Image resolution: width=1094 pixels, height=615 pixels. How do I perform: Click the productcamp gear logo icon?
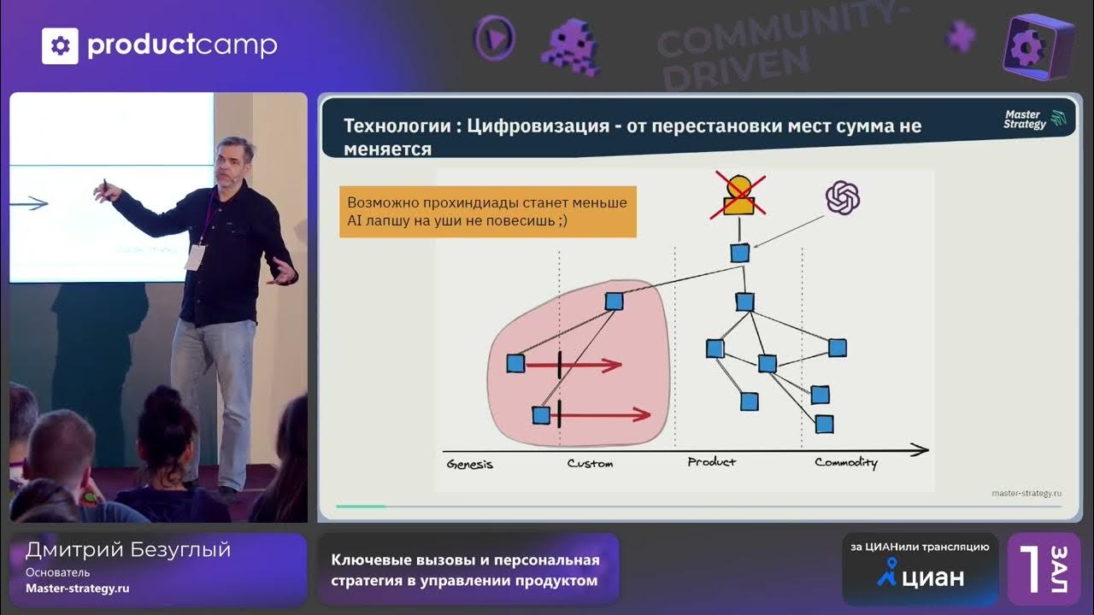coord(60,46)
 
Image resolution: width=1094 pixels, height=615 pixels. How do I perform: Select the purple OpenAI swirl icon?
coord(842,199)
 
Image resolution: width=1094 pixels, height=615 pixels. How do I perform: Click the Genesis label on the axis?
coord(469,464)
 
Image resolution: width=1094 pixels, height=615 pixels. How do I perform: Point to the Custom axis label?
coord(590,464)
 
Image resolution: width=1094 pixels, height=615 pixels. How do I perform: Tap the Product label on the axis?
coord(711,462)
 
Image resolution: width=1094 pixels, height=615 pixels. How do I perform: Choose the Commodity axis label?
coord(845,462)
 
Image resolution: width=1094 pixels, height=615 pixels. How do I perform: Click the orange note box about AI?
coord(488,212)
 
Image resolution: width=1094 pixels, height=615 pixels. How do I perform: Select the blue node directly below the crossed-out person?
coord(740,253)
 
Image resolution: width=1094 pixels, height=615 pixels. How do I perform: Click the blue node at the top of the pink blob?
coord(614,301)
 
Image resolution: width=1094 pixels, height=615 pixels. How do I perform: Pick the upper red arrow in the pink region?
coord(573,365)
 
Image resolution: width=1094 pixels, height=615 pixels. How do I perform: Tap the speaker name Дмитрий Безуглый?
coord(128,549)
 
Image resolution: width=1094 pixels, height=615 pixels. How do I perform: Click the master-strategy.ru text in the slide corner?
coord(1026,493)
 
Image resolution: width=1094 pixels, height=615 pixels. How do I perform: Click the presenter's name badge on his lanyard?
coord(196,256)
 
